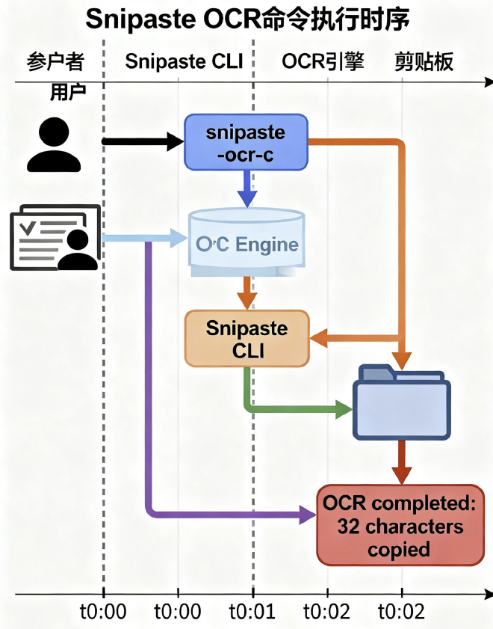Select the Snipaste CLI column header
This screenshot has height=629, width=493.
[184, 61]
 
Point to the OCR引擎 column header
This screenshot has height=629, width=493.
[323, 61]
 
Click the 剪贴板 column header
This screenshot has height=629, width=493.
[424, 61]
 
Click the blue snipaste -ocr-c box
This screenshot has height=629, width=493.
[246, 142]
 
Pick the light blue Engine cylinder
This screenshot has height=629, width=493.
[246, 243]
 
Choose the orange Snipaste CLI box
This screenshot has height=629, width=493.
[246, 339]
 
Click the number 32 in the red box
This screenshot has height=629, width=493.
[349, 527]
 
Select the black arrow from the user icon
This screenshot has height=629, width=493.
[142, 141]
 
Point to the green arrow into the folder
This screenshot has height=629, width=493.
[299, 409]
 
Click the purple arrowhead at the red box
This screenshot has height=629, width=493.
[308, 515]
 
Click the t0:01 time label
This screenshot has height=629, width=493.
[252, 612]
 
